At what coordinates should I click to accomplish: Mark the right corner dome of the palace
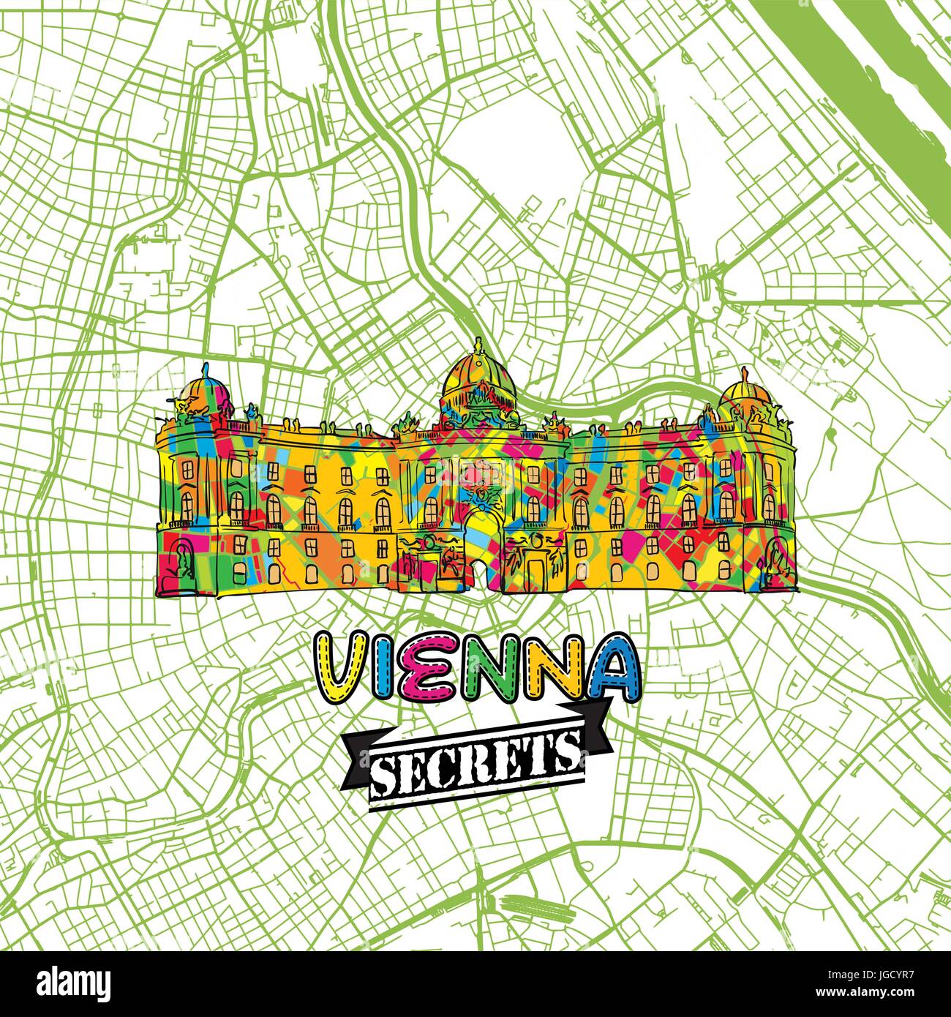pyautogui.click(x=745, y=394)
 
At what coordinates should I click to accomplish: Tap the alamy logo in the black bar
pyautogui.click(x=66, y=980)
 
